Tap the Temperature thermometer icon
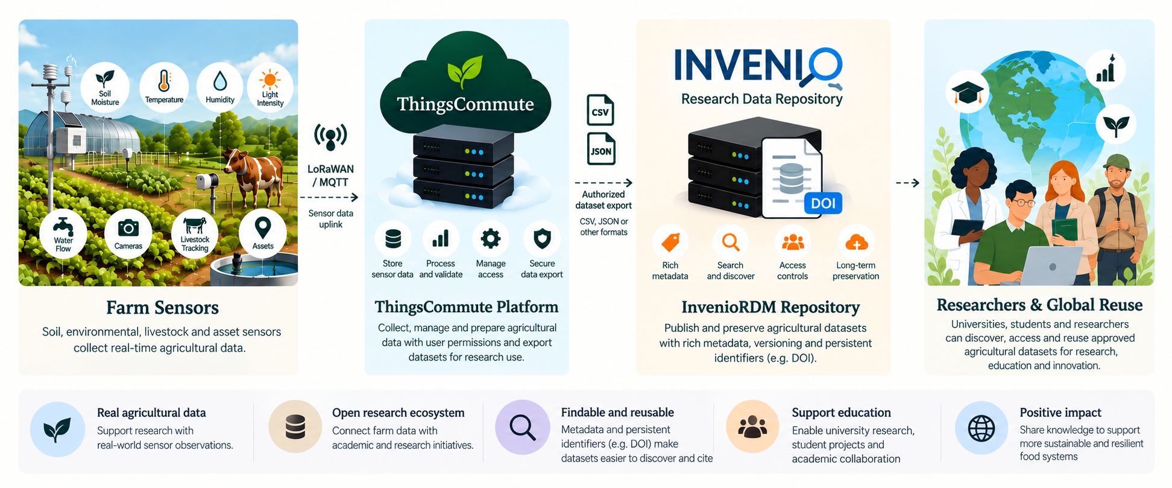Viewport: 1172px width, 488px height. (164, 81)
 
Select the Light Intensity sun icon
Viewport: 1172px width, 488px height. (269, 80)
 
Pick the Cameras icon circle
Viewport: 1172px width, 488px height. (128, 234)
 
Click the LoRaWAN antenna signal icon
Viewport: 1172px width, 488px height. (330, 138)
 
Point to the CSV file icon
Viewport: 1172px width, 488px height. (600, 110)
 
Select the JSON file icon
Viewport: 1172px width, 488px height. (601, 149)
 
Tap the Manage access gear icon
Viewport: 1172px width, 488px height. (491, 239)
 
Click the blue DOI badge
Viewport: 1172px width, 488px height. (823, 203)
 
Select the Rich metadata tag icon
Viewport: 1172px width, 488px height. (670, 242)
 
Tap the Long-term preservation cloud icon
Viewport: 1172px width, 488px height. (856, 242)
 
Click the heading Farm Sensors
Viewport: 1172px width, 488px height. (163, 308)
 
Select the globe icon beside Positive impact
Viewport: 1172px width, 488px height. (981, 429)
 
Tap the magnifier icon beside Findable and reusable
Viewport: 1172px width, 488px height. (523, 428)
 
